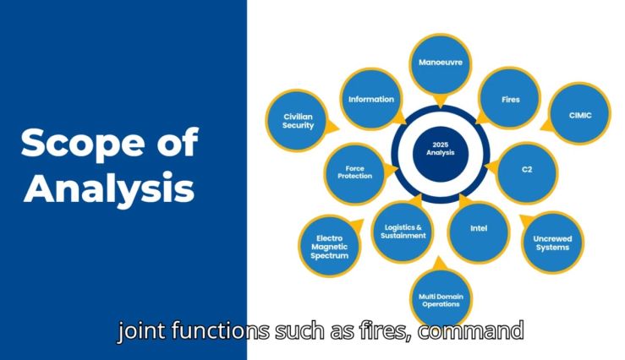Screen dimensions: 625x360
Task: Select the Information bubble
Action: click(x=371, y=99)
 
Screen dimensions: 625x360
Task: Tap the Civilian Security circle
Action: click(x=297, y=121)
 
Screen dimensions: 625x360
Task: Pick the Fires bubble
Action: click(x=509, y=98)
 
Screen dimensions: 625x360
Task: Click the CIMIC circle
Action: click(x=580, y=113)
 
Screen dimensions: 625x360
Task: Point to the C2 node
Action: click(x=527, y=173)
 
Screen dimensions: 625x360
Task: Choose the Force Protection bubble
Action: click(x=354, y=173)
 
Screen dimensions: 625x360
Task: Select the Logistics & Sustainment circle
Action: click(x=403, y=232)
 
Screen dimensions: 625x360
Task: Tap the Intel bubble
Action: click(x=479, y=232)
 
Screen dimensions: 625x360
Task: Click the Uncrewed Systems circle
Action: click(x=552, y=243)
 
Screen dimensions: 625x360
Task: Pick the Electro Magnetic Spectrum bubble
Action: click(x=330, y=246)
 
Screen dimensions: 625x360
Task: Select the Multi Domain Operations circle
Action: click(x=441, y=299)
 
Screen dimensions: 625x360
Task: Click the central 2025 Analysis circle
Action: click(x=441, y=154)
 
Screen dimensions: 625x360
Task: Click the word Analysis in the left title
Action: click(x=109, y=188)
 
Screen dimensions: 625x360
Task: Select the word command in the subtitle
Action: click(x=471, y=330)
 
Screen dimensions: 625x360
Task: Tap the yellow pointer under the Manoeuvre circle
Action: click(x=440, y=101)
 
